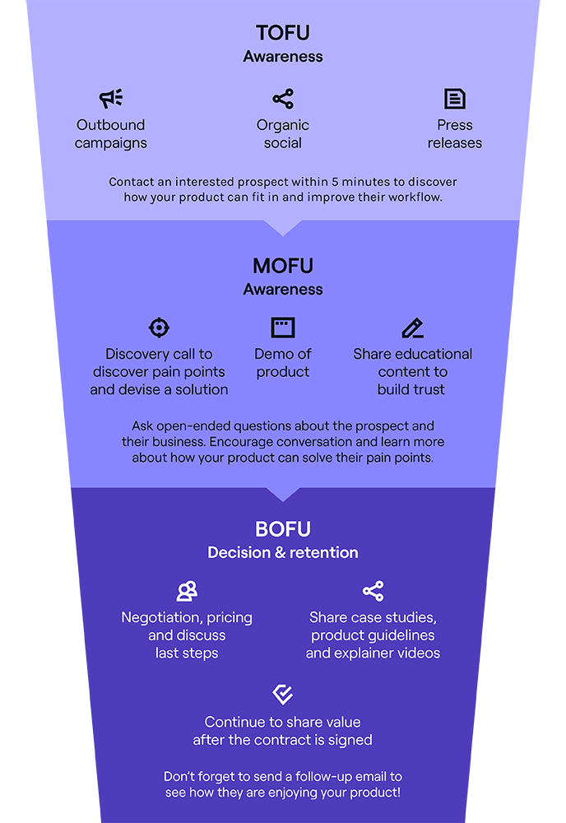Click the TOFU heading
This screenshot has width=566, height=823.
coord(283,33)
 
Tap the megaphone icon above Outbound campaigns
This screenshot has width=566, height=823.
coord(111,98)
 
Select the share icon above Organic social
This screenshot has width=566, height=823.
coord(283,99)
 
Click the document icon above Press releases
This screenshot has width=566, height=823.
coord(454,99)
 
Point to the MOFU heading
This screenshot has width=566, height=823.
coord(283,266)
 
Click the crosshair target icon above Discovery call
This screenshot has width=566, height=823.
coord(159,328)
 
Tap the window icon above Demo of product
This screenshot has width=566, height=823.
coord(283,328)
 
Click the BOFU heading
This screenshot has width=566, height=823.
coord(283,529)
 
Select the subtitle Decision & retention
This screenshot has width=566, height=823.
coord(283,553)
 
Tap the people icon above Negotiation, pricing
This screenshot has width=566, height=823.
coord(187,591)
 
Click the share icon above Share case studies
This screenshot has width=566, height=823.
coord(373,591)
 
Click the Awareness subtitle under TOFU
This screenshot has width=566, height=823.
coord(283,57)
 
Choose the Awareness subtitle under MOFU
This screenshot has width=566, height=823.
coord(283,290)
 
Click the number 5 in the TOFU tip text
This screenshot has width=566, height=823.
coord(335,182)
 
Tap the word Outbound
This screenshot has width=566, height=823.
coord(111,125)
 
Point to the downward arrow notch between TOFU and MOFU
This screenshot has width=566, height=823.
coord(283,228)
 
